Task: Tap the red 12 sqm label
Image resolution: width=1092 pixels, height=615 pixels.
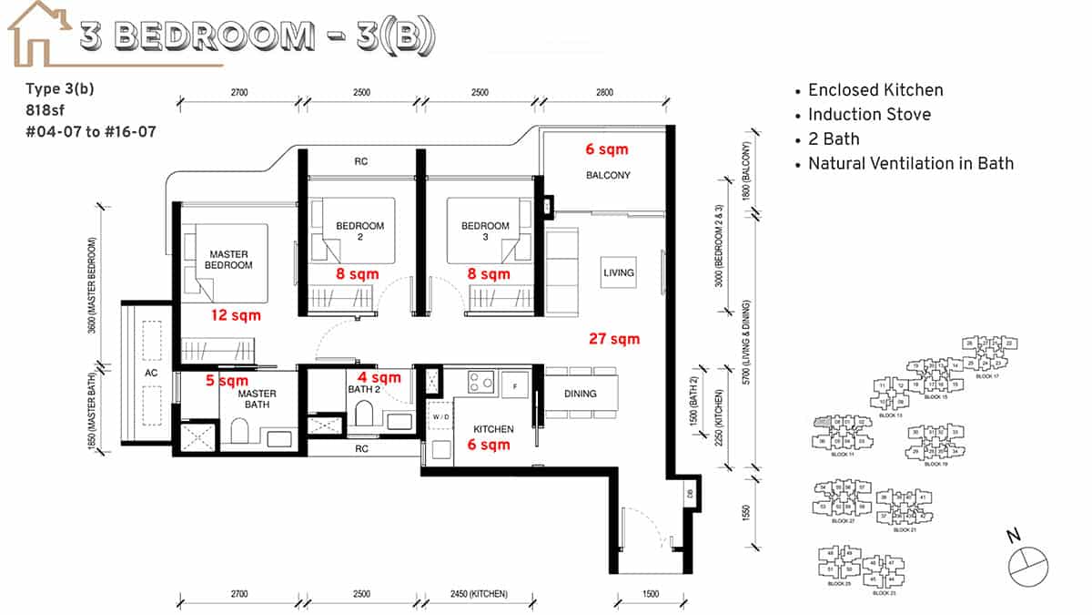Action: [235, 315]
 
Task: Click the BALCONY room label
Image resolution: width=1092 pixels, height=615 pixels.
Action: [609, 175]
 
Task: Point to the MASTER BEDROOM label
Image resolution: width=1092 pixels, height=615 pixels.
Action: [229, 260]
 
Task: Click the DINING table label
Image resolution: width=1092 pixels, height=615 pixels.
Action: [580, 394]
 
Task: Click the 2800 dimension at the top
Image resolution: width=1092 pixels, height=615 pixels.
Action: [605, 92]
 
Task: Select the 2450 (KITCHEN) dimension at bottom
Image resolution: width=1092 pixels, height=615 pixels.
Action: [479, 594]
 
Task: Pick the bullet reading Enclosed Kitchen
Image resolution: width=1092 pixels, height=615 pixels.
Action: [875, 90]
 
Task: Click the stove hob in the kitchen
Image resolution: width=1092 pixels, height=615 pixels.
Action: [483, 384]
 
